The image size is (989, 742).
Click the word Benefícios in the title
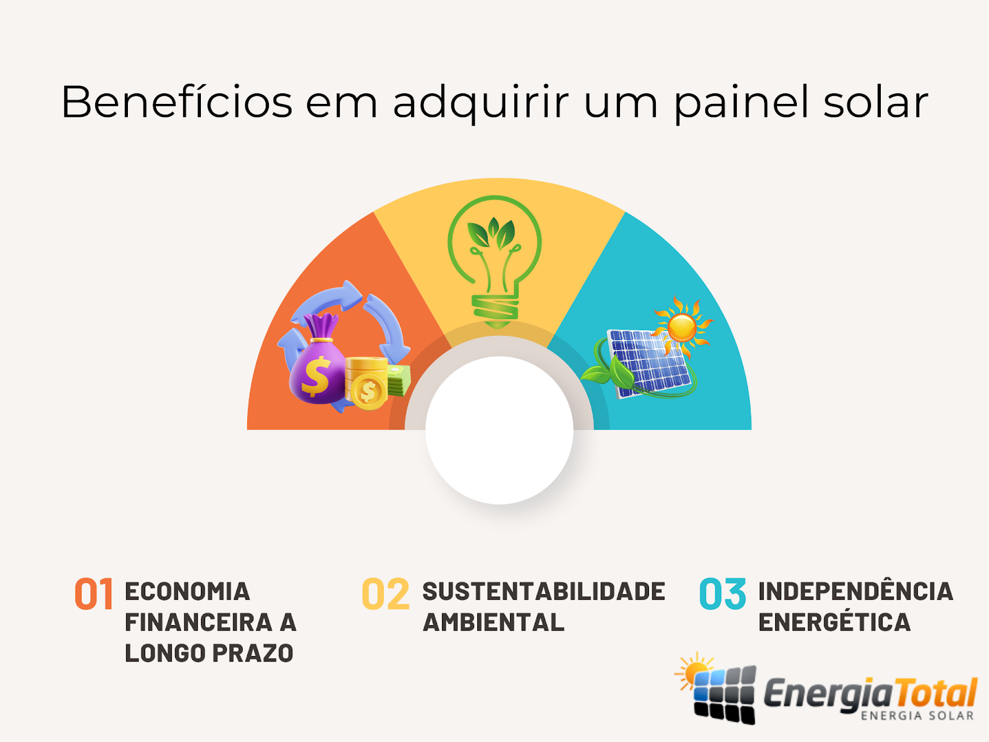177,101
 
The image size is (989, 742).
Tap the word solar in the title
875,101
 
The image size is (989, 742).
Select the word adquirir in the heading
481,104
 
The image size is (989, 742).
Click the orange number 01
94,594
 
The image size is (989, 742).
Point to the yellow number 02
386,594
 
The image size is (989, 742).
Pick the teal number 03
723,594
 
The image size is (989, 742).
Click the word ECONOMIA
187,592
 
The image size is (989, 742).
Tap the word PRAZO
253,653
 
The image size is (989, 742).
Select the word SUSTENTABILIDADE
544,592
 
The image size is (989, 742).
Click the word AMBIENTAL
493,623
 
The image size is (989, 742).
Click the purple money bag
318,360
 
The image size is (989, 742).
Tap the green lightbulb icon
494,262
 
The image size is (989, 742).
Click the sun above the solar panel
682,327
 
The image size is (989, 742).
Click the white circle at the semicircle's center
499,430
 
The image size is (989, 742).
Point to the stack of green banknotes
398,381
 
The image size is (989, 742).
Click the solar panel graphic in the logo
724,694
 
